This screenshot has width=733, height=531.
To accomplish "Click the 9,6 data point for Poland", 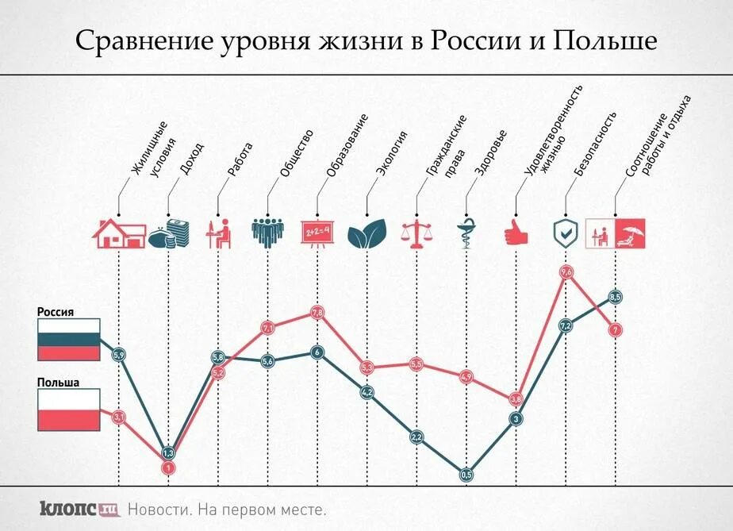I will pos(566,273).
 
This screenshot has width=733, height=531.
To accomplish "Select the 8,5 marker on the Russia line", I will pos(616,297).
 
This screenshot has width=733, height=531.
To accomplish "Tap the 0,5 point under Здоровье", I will pos(466,475).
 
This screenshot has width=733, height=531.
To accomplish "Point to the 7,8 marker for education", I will pos(317,314).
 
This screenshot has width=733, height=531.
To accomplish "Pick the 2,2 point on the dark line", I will pos(416,437).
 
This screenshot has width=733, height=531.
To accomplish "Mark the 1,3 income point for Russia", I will pos(168,453).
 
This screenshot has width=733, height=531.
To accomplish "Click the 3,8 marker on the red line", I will pos(516,398).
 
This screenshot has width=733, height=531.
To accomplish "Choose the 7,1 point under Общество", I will pos(267,327).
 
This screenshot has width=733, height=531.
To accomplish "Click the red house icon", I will pos(119,233).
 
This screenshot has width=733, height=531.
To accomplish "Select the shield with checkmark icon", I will pos(565,233).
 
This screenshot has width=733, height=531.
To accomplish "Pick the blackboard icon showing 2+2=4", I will pos(317,233).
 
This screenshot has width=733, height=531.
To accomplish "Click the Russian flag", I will pos(68,340).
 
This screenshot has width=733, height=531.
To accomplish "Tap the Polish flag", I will pos(68,410).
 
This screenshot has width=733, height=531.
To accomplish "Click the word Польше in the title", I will pos(609,40).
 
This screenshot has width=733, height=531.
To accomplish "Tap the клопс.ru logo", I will pos(79,508).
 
